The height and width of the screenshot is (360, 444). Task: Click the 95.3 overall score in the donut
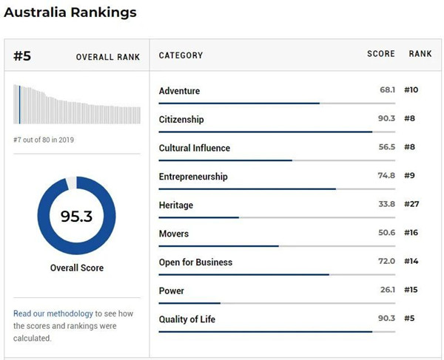coord(76,217)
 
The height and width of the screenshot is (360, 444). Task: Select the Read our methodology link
coord(53,313)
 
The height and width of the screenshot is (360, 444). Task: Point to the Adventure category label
coord(179,91)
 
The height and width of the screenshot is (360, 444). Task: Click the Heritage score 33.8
coord(386,205)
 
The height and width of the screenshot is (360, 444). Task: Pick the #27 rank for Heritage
coord(411,205)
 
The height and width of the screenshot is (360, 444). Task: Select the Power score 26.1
coord(387,291)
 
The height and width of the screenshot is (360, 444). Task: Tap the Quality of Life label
coord(187,319)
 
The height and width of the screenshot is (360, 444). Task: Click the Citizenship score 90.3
coord(386,119)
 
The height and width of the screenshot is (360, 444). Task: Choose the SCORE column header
coord(380,55)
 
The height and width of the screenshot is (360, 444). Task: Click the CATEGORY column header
coord(181,55)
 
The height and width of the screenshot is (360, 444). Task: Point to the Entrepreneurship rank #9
coord(409,176)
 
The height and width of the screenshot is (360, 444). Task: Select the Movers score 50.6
coord(386,234)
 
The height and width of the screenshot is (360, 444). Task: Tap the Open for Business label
coord(195,262)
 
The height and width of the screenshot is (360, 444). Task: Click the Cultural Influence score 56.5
coord(386,147)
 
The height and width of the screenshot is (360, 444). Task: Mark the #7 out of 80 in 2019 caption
coord(44,140)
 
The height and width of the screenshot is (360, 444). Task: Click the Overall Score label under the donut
coord(76,268)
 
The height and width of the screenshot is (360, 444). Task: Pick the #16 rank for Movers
coord(411,234)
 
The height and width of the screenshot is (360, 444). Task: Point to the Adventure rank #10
coord(411,90)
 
